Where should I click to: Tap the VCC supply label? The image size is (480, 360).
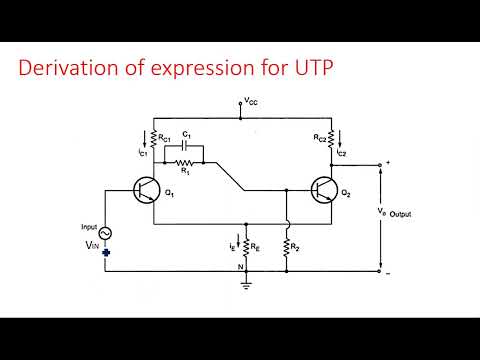coord(249,101)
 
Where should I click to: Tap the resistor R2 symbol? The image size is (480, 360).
coord(286,244)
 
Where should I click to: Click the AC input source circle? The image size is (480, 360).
coord(103,233)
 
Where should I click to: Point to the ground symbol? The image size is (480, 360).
coord(245,282)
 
